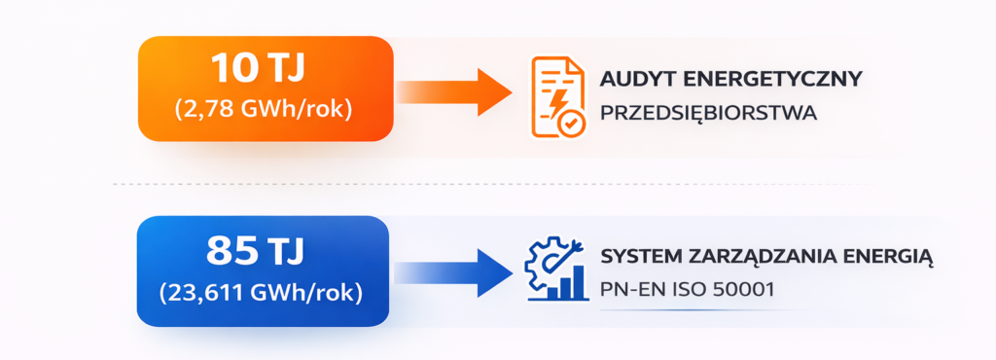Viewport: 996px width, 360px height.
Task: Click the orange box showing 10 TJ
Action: click(x=265, y=89)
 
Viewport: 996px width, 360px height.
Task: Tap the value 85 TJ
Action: click(x=256, y=252)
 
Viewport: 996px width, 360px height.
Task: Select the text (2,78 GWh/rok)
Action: click(x=264, y=109)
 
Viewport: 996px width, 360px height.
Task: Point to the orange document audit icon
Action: click(x=558, y=96)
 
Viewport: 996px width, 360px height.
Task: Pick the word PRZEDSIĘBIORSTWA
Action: click(x=709, y=113)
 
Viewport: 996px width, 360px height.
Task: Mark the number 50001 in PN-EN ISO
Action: click(x=747, y=290)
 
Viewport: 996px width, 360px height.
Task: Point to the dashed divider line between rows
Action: click(x=486, y=183)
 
